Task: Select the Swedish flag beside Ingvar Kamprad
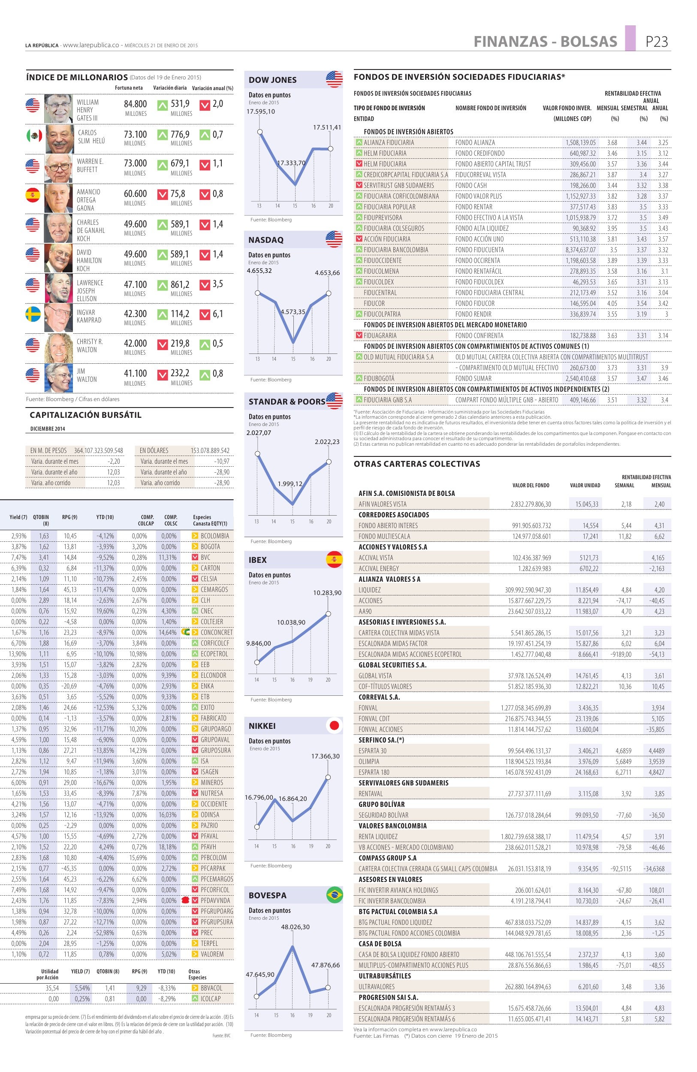(x=33, y=314)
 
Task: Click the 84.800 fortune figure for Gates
(x=136, y=104)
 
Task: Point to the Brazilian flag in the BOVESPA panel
(x=334, y=894)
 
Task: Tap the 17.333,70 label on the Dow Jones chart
(x=291, y=163)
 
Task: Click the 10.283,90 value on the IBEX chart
(x=327, y=593)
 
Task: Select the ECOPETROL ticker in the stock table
(x=214, y=654)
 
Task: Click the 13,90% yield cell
(x=18, y=654)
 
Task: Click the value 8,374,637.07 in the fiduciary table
(x=580, y=250)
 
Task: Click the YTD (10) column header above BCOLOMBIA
(x=105, y=517)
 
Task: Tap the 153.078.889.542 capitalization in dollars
(x=210, y=450)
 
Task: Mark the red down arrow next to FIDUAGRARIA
(x=359, y=335)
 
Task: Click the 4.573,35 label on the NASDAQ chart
(x=293, y=312)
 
